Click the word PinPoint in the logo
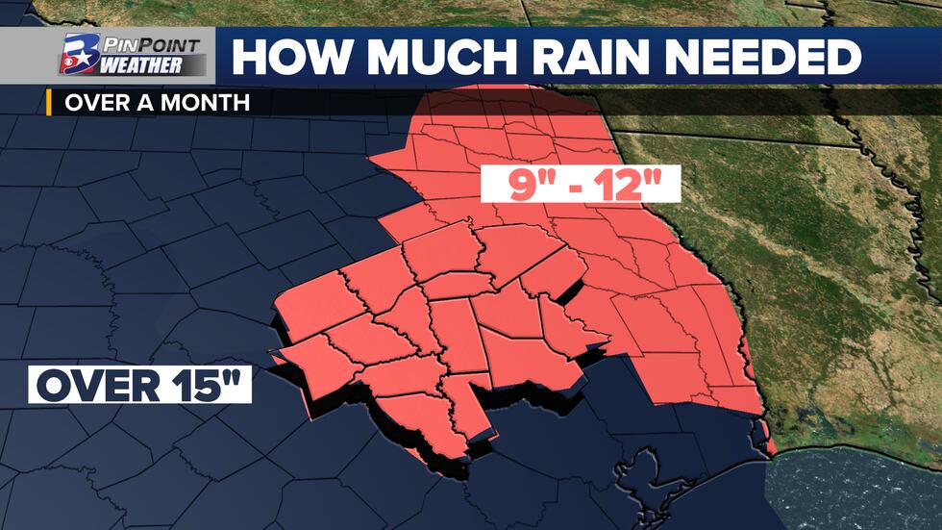[x=155, y=44]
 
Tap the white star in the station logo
[x=81, y=49]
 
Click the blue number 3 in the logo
[x=76, y=54]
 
